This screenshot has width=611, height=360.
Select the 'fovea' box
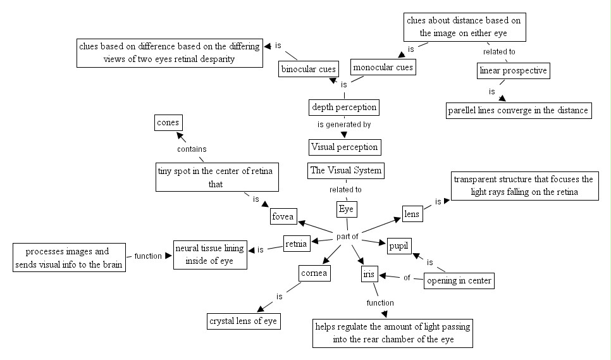(283, 216)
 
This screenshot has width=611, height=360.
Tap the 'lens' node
(412, 214)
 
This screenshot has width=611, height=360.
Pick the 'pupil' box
(399, 245)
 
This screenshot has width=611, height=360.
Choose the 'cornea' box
(314, 273)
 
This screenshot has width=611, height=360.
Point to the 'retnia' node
(296, 242)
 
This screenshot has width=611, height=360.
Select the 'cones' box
(167, 122)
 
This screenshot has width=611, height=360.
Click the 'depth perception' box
(344, 107)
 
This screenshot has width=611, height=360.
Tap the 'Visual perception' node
(345, 147)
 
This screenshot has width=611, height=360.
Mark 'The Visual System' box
(345, 170)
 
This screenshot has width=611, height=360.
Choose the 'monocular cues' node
(383, 67)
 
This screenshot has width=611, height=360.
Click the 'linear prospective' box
(513, 70)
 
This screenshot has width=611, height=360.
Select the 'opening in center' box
(459, 280)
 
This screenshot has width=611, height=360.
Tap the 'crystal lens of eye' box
(244, 321)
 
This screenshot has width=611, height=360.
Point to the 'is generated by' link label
(344, 125)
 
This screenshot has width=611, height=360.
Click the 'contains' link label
(191, 149)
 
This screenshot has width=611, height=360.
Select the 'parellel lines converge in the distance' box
(519, 110)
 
